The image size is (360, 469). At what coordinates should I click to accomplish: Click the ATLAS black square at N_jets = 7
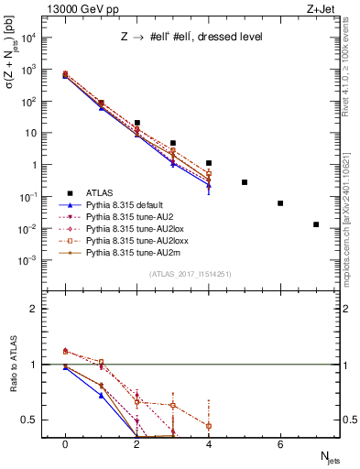(x=316, y=224)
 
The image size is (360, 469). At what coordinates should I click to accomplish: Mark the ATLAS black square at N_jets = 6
(x=280, y=203)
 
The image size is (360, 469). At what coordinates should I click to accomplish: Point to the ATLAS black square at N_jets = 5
(x=245, y=182)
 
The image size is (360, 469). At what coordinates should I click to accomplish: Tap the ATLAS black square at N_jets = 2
(x=136, y=123)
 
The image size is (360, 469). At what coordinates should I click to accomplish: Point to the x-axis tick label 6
(x=280, y=444)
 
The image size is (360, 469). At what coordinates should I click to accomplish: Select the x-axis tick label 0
(x=65, y=444)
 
